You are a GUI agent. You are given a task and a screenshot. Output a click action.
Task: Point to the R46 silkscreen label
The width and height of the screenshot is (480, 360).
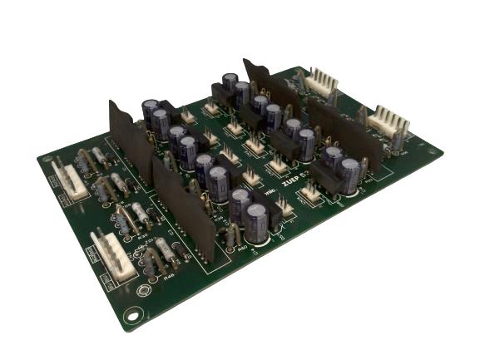tap(170, 278)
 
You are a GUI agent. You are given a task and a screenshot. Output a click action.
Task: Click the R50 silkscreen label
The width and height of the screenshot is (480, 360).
tap(242, 247)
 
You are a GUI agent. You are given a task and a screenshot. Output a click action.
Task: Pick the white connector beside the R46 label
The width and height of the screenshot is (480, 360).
tap(111, 260)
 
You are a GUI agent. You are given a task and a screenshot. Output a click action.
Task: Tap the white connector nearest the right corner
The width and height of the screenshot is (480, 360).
tap(388, 123)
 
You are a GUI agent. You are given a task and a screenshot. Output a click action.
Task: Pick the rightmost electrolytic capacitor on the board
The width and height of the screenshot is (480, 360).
tap(349, 175)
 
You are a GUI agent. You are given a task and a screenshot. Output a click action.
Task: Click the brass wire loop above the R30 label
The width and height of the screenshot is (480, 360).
tap(125, 219)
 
